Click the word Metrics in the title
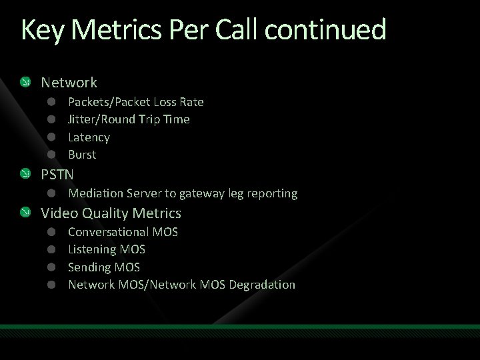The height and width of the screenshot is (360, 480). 107,31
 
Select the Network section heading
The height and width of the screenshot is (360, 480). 69,83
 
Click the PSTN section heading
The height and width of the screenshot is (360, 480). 57,175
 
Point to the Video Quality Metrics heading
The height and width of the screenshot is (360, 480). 111,213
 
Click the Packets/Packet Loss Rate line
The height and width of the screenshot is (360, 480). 136,102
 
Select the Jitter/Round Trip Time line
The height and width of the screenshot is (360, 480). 129,119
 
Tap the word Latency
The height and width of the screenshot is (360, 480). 89,137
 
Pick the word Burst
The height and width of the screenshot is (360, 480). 82,155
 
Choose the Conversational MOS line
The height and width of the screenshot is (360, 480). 123,232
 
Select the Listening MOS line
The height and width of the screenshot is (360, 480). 107,249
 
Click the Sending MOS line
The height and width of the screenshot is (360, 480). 104,267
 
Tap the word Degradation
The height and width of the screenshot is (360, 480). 261,285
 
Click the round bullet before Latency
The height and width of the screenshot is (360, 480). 51,137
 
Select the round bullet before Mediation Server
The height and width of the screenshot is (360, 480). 51,194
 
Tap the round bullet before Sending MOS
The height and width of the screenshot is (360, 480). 51,267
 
